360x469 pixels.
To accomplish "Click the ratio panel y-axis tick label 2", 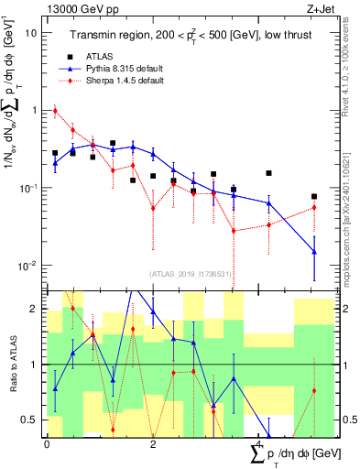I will pos(35,310).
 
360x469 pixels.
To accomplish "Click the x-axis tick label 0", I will pos(47,444).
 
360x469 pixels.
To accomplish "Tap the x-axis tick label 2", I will pos(152,444).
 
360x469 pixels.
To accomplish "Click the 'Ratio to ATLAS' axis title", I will pos(12,365).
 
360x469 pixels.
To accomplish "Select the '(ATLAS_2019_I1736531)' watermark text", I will pos(191,273).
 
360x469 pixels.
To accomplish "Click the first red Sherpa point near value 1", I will pos(55,111).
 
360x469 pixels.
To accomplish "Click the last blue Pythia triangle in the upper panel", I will pos(314,252).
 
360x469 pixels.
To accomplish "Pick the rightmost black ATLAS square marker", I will pos(314,196).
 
